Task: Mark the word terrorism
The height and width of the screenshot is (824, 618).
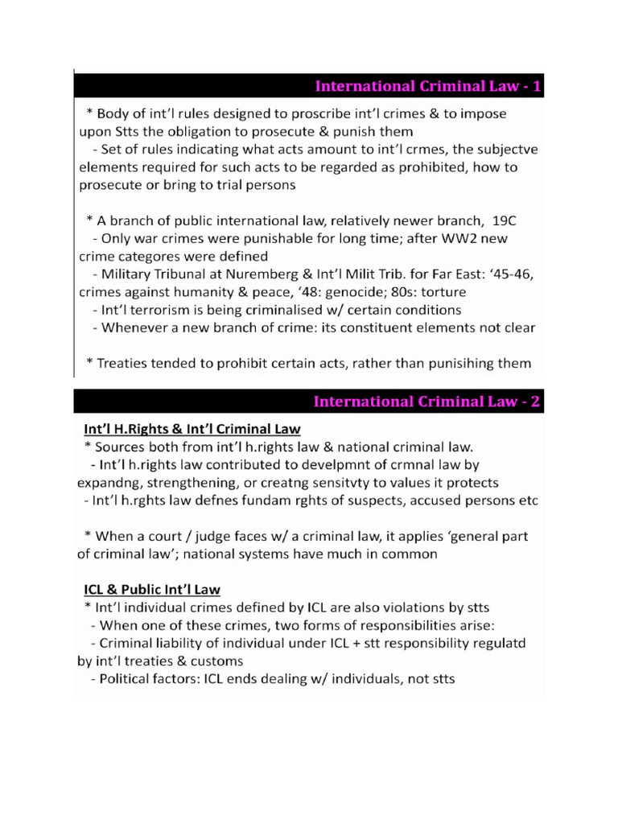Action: coord(164,310)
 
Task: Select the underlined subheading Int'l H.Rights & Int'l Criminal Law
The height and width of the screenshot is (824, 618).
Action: coord(192,428)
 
